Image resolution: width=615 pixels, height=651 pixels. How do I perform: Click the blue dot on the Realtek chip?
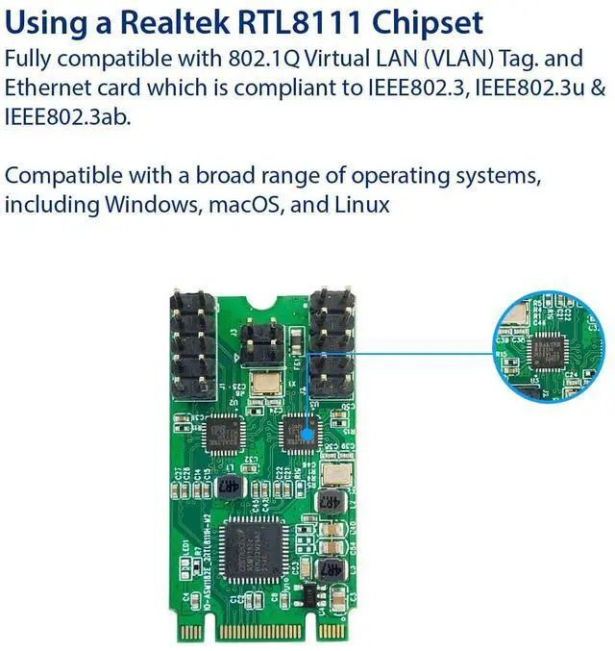307,432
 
